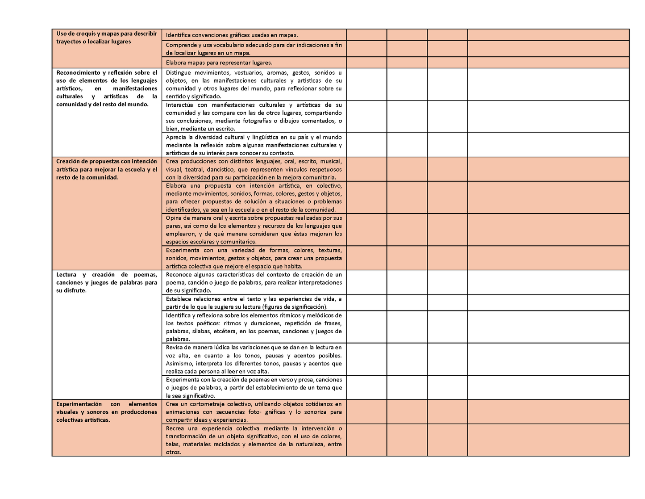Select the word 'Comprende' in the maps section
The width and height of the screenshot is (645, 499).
(x=180, y=45)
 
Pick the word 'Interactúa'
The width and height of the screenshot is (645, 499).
(x=180, y=105)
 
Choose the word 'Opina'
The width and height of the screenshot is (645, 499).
(x=174, y=218)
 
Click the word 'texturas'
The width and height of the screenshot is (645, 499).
(x=330, y=250)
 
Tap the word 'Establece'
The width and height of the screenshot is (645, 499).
(x=179, y=299)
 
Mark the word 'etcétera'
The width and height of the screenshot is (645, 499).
(x=225, y=331)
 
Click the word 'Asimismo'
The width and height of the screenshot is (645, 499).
(x=179, y=363)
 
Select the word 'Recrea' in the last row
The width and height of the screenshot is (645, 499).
(x=175, y=428)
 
